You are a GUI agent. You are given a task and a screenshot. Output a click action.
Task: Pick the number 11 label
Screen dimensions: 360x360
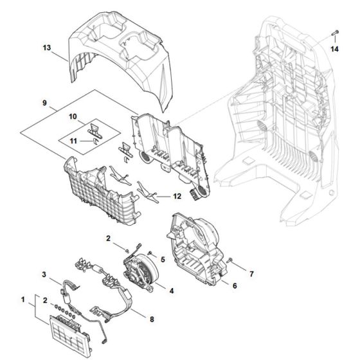coord(73,140)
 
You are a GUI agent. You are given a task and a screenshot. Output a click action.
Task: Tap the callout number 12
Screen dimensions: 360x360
coord(176,196)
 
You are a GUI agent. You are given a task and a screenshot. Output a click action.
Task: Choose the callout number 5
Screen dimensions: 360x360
coord(163,260)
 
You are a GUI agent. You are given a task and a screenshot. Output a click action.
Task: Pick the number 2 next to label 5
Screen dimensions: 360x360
coord(109,239)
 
